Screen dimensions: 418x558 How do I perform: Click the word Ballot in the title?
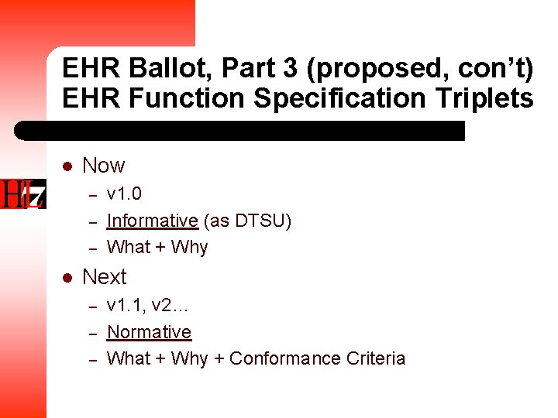pos(172,69)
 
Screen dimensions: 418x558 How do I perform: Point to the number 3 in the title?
pos(290,69)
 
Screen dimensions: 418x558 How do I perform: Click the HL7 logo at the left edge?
pos(23,194)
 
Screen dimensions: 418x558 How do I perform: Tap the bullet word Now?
pos(103,166)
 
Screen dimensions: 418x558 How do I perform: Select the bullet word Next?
pos(104,277)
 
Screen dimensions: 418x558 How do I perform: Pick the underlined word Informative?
pos(152,221)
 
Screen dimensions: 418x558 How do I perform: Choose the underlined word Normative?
pos(149,332)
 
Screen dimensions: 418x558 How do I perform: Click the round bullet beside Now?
pos(67,166)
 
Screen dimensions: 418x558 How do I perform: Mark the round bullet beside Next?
pos(67,278)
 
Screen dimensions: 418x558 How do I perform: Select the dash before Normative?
pos(91,334)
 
